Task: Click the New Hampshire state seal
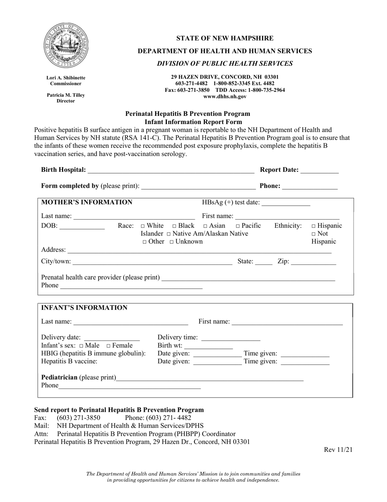click(66, 45)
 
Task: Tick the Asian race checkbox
click(206, 226)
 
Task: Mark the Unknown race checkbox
click(172, 242)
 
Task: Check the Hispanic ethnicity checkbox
click(314, 226)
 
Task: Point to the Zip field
click(313, 261)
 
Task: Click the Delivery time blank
click(231, 338)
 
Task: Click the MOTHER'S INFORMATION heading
click(87, 202)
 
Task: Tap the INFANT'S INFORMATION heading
click(84, 308)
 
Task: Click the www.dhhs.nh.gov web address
click(225, 97)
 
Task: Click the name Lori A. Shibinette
click(66, 78)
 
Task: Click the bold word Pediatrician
click(59, 378)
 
